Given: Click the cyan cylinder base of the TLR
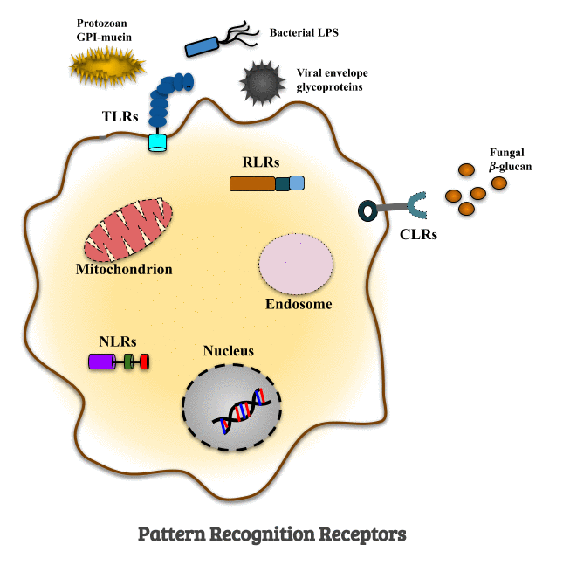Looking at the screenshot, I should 157,142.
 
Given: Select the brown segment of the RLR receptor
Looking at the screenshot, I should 251,183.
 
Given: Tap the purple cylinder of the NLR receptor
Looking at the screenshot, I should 101,361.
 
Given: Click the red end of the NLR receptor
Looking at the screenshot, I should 144,361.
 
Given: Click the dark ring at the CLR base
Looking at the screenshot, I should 368,210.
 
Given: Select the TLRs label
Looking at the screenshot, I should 120,116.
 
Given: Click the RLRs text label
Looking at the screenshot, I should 261,162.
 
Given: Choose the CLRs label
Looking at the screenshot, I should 418,234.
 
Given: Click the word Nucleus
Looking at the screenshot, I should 229,351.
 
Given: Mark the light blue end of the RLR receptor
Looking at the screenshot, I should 297,183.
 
